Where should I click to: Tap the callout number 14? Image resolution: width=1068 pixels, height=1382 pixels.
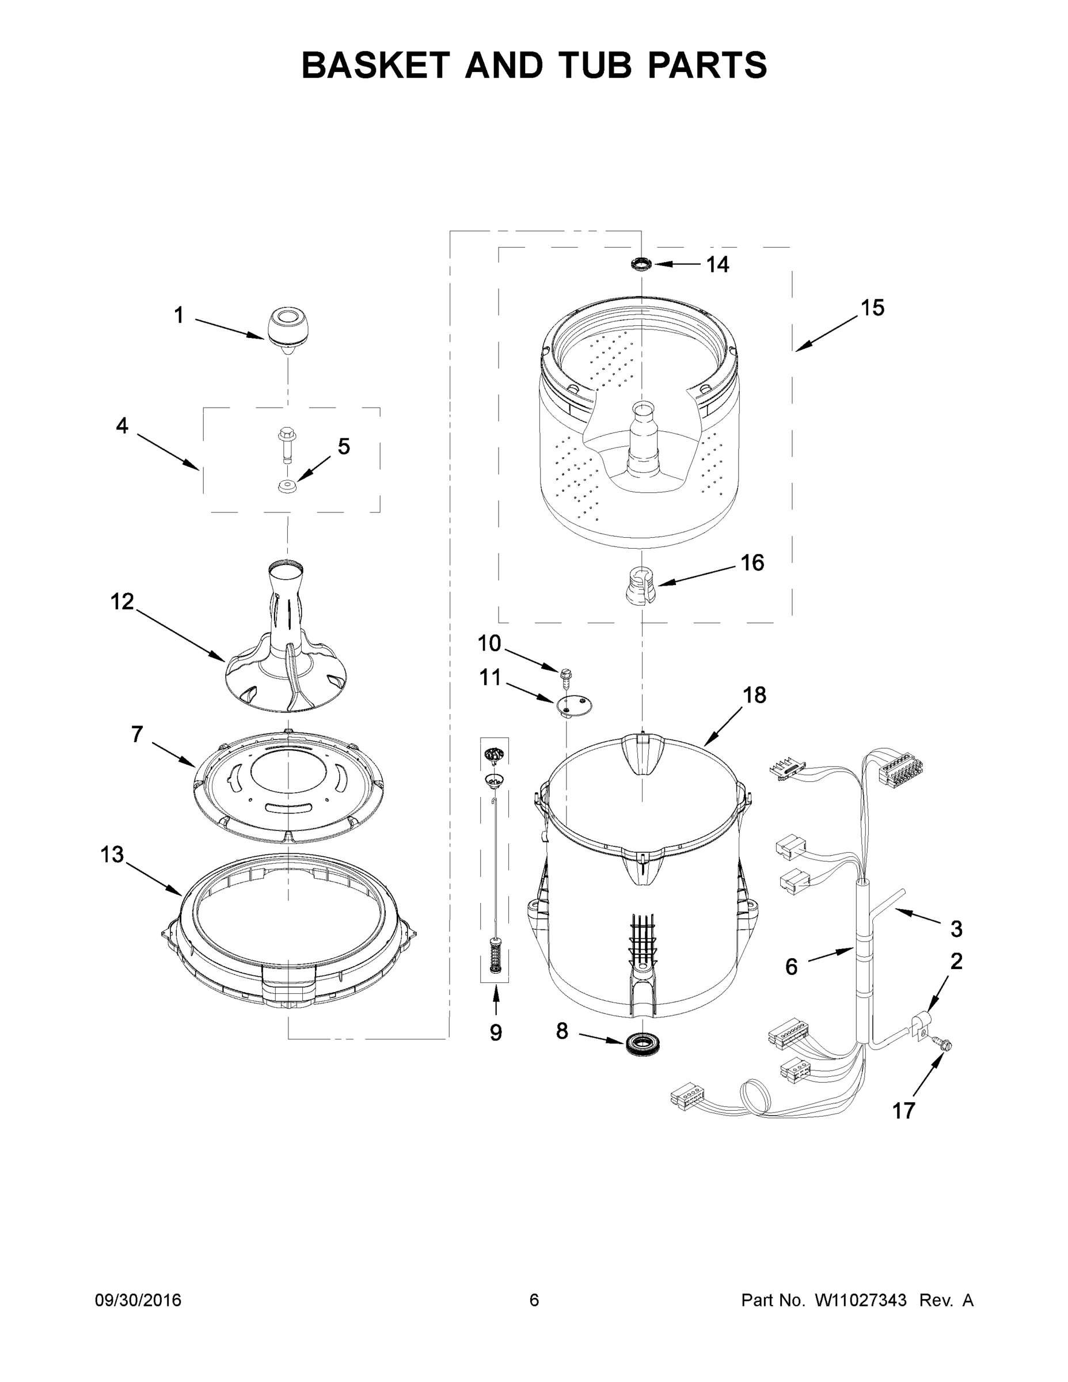coord(717,264)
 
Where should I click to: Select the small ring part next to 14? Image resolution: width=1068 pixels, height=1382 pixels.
coord(642,263)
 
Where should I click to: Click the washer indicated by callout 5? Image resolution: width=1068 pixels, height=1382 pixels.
coord(287,487)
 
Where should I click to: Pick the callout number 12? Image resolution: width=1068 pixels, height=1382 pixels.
coord(122,601)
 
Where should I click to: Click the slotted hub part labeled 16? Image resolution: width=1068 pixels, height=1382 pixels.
coord(641,586)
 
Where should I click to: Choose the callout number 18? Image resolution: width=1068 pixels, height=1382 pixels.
coord(754,695)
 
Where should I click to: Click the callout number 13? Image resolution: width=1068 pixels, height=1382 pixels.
coord(112,855)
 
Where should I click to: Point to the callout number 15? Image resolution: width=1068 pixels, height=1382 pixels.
coord(872,307)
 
